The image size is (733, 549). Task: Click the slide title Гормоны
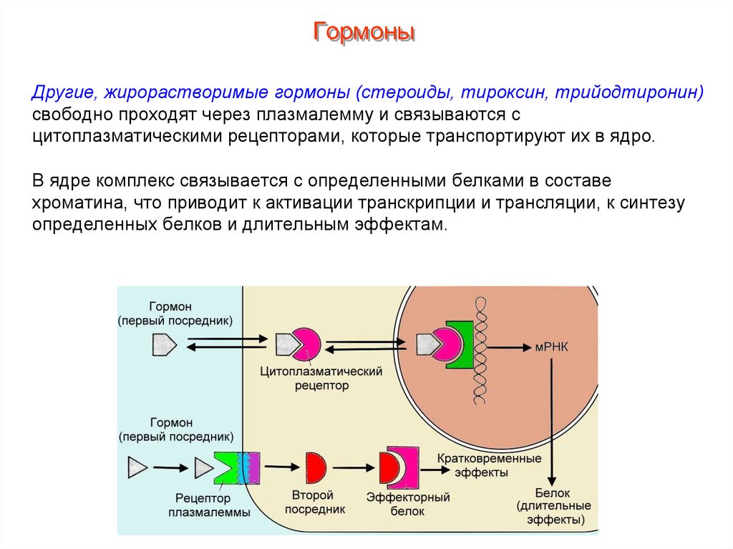pyautogui.click(x=365, y=32)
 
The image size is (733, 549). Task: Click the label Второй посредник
pyautogui.click(x=315, y=502)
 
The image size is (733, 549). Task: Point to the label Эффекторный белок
pyautogui.click(x=408, y=504)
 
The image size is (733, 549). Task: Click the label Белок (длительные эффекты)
pyautogui.click(x=553, y=506)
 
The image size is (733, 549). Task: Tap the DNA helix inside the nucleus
pyautogui.click(x=477, y=351)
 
